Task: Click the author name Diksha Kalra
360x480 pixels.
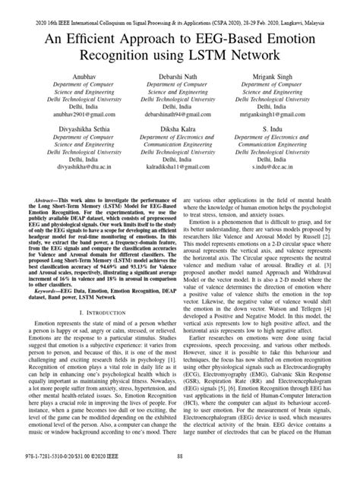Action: (x=180, y=140)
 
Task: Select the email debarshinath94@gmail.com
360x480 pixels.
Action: (x=180, y=121)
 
